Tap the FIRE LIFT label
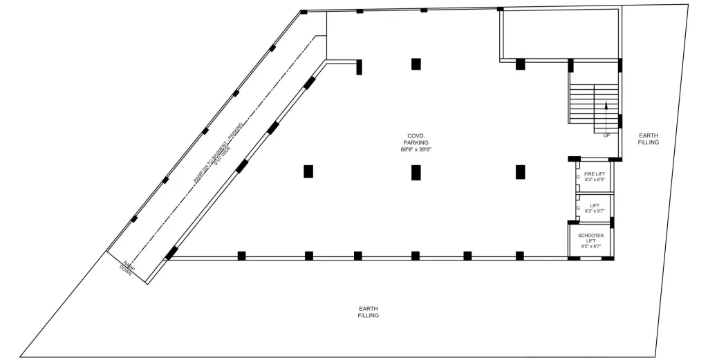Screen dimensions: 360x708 tap(595, 173)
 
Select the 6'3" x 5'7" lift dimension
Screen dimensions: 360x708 tap(595, 210)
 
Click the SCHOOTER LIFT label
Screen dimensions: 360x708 tap(591, 238)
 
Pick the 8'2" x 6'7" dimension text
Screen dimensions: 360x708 tap(591, 246)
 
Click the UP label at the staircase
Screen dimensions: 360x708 tap(606, 135)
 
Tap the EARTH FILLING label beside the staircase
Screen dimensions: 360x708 tap(649, 138)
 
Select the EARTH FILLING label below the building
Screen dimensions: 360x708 tap(368, 312)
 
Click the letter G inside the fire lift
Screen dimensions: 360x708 tap(578, 176)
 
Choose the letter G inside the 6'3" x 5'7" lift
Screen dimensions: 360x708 tap(578, 207)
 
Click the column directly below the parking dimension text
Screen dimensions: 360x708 tap(416, 172)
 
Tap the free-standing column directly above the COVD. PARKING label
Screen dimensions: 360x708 tap(416, 64)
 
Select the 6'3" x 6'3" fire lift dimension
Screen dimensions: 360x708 tap(595, 180)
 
